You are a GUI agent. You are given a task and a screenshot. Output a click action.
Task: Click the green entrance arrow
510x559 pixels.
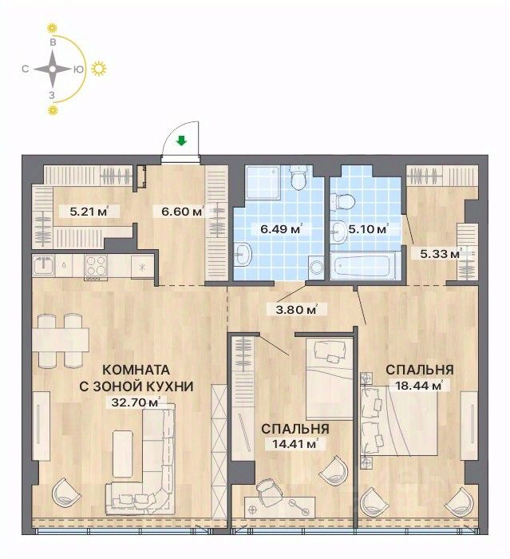click(182, 141)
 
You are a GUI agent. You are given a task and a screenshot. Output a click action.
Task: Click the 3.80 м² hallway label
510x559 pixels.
click(297, 310)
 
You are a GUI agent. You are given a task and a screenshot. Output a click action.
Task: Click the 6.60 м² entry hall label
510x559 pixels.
click(182, 212)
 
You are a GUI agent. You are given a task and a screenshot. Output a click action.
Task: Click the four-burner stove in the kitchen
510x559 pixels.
click(96, 266)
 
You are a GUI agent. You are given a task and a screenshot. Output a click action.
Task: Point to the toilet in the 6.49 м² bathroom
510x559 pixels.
click(298, 177)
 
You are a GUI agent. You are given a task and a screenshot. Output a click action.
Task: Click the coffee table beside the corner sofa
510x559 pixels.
click(123, 454)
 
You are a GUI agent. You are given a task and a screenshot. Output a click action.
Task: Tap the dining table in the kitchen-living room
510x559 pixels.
click(61, 339)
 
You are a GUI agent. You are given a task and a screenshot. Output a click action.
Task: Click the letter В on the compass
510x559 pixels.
click(53, 42)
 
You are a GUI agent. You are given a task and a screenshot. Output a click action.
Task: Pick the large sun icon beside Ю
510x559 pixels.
click(99, 69)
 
